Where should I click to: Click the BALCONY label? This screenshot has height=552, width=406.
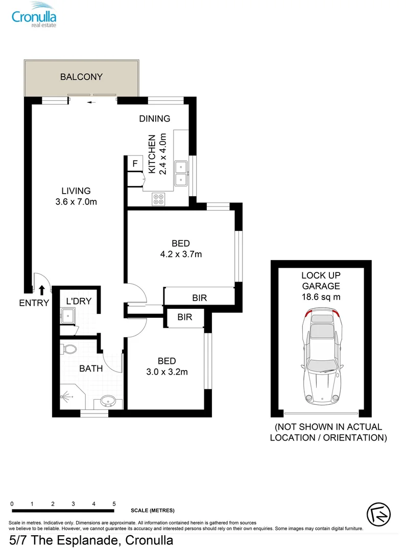tap(81, 77)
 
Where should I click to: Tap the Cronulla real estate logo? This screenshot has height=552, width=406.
tap(34, 15)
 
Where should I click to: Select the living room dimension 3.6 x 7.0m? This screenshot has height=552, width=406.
tap(76, 202)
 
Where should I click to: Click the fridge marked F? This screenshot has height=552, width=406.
tap(135, 164)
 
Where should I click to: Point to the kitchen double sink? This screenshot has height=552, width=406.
tap(181, 173)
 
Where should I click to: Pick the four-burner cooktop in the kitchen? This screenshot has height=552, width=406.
tap(158, 199)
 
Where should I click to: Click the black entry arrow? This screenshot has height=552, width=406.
tap(42, 290)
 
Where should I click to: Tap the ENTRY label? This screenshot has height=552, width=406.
tap(34, 303)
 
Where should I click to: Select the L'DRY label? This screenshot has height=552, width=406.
tap(79, 301)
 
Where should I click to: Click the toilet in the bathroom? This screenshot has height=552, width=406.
tap(69, 349)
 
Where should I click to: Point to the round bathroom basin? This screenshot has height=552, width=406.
tap(107, 401)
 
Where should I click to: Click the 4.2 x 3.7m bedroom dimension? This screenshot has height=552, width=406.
tap(181, 254)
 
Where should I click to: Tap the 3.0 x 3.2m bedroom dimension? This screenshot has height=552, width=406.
tap(167, 372)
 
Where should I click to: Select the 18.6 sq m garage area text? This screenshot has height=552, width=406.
tap(321, 297)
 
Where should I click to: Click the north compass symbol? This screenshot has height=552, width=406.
tap(379, 514)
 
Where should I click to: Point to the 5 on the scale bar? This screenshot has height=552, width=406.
tap(114, 504)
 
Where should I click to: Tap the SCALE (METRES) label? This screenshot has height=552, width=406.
tap(153, 511)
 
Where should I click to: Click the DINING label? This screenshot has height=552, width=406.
tap(155, 119)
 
